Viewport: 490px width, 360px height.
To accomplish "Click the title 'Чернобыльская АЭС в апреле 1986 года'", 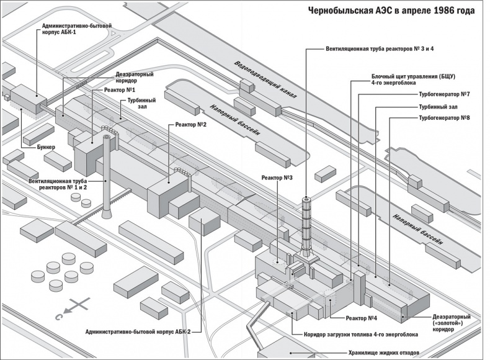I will point(393,11).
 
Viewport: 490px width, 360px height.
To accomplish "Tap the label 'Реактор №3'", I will point(277,178).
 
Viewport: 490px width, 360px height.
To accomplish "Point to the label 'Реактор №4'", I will point(362,318).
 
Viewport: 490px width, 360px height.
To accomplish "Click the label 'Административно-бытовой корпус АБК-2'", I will point(138,332).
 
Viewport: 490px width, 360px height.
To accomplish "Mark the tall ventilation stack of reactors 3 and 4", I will point(306,223).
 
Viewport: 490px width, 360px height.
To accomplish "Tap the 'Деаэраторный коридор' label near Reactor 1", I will point(135,78).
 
